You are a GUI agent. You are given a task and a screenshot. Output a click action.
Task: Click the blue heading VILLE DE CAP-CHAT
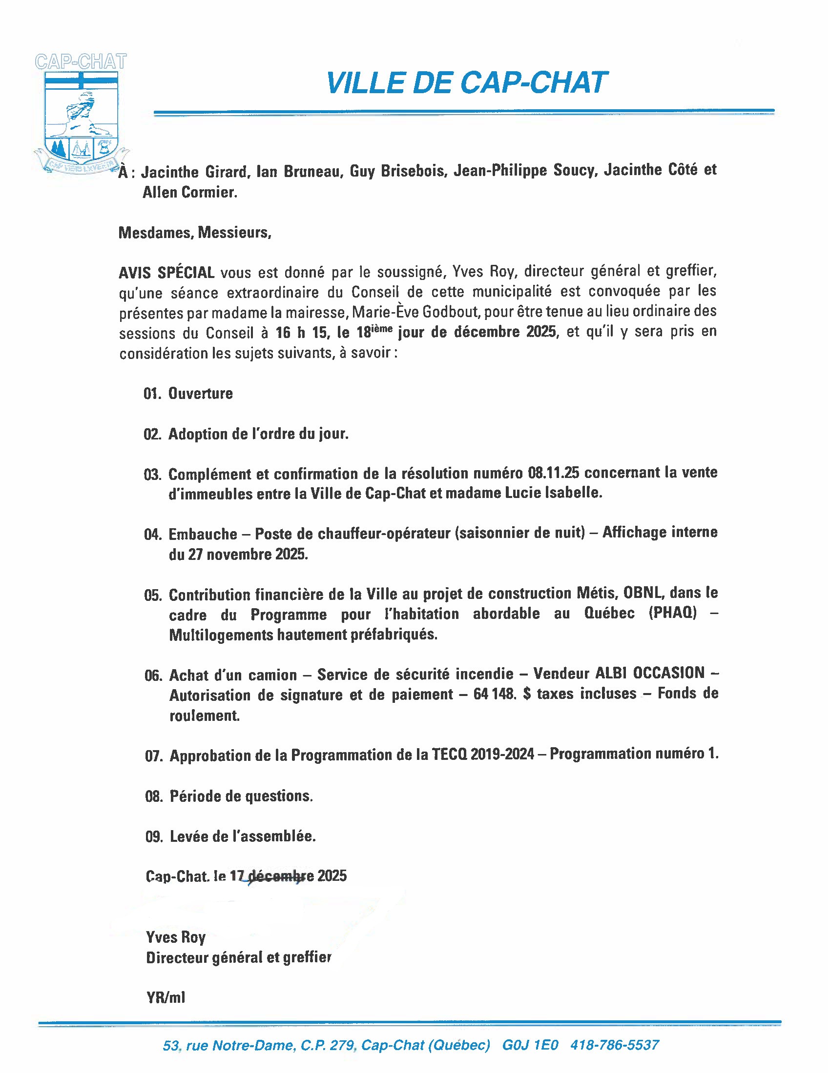pos(466,82)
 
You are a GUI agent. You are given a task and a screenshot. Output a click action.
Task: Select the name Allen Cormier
pos(190,193)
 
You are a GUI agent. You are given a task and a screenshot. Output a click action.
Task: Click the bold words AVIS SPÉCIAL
pos(166,272)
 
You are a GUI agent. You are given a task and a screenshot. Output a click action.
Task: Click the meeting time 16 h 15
pos(301,333)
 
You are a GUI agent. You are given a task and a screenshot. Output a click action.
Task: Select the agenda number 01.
pos(152,394)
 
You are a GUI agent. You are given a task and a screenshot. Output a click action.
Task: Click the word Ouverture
pos(201,394)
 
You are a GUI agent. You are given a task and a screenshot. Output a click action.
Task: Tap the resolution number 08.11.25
pos(553,473)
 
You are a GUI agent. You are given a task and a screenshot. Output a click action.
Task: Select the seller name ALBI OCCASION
pos(649,673)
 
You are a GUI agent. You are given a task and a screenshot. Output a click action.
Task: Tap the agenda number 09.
pos(153,836)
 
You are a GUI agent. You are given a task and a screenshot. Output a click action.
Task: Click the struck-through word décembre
pos(274,876)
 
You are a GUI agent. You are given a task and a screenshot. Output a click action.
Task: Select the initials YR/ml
pos(166,997)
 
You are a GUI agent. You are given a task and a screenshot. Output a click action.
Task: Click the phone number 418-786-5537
pos(614,1045)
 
